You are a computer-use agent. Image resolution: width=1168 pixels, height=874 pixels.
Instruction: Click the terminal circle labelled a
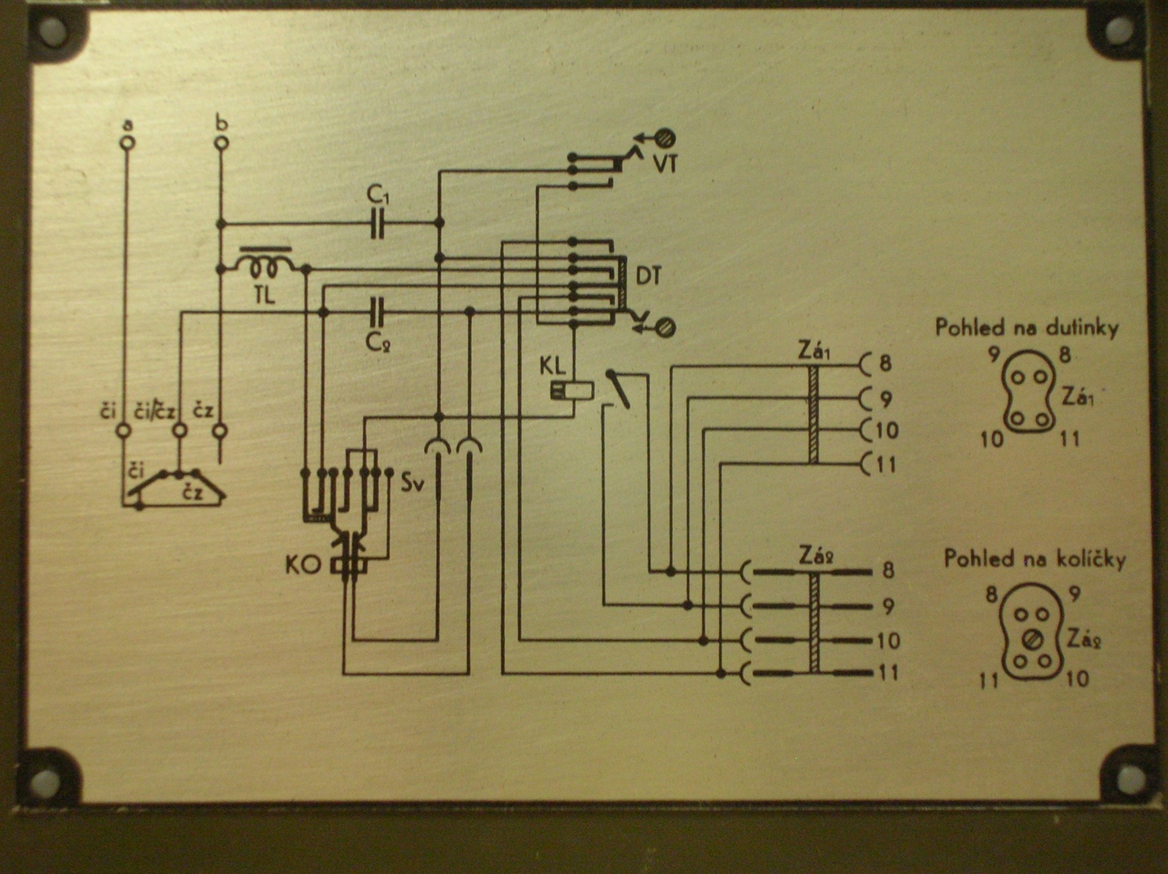coord(127,142)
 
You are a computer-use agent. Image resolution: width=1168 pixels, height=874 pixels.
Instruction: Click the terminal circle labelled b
coord(221,143)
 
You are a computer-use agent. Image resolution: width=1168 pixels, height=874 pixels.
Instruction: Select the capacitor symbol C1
coord(377,223)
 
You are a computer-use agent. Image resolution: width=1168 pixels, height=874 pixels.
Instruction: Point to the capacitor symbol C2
coord(377,312)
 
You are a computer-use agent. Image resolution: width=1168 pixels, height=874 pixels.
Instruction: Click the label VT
coord(665,165)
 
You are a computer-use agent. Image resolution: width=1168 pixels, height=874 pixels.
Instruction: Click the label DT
coord(648,276)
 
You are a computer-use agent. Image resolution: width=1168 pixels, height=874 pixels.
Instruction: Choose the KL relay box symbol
coord(572,390)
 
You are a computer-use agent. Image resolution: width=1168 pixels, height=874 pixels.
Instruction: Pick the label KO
coord(303,565)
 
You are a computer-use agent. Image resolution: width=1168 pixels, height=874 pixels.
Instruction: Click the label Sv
coord(413,482)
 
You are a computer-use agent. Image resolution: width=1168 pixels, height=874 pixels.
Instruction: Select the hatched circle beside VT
coord(666,138)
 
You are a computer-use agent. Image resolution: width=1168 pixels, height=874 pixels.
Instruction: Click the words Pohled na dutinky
coord(1026,328)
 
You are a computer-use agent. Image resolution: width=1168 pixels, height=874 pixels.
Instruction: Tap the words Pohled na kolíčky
coord(1034,559)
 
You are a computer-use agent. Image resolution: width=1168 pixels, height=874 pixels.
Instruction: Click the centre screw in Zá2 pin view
coord(1032,639)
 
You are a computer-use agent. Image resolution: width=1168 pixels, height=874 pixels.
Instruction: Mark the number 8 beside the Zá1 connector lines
coord(885,363)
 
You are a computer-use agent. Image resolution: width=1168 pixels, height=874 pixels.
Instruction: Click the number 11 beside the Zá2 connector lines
coord(888,673)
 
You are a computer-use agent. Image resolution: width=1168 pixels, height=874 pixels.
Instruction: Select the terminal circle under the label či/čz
coord(180,431)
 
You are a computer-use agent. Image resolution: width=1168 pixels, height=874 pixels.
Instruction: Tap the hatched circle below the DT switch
coord(666,327)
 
